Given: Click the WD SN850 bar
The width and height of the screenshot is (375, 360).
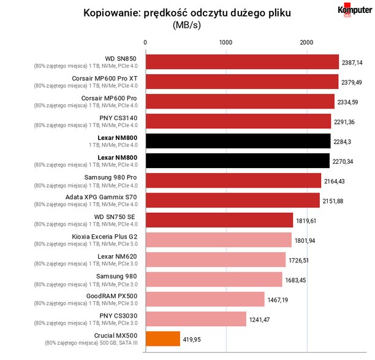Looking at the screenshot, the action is [x=242, y=62].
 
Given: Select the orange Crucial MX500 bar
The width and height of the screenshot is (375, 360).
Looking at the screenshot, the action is [x=163, y=339].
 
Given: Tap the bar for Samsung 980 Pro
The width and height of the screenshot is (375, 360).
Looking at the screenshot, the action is [x=233, y=180].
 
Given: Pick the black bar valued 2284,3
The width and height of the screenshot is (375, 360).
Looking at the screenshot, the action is [x=238, y=141].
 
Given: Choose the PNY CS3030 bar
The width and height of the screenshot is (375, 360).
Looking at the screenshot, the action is [x=196, y=319].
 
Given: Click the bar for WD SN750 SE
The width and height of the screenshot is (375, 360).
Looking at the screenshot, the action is [x=219, y=220].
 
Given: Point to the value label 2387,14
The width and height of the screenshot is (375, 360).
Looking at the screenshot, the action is [x=352, y=63].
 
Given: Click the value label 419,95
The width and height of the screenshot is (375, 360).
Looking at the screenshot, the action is [x=192, y=340].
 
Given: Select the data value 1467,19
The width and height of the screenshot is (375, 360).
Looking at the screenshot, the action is [x=278, y=300].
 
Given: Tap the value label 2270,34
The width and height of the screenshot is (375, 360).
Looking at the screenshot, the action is [x=343, y=161].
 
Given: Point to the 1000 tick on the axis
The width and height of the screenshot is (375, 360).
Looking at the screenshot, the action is [x=225, y=42].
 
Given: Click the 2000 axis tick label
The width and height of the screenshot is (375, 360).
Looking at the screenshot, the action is [x=306, y=42].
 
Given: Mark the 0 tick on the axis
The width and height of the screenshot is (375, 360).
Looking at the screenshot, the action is [x=145, y=42].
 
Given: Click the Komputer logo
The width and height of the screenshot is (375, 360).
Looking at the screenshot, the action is [x=355, y=10].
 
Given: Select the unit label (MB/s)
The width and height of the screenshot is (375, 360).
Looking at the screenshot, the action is [x=187, y=25].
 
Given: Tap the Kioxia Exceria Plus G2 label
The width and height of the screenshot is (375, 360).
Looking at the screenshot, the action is [x=105, y=237].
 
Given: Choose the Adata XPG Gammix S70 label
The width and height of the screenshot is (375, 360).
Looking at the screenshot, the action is [x=101, y=197].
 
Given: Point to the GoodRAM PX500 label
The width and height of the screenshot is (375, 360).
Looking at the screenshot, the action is [x=112, y=296].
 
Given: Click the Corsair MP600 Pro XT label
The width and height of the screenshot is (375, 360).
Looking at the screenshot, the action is [x=105, y=79].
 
